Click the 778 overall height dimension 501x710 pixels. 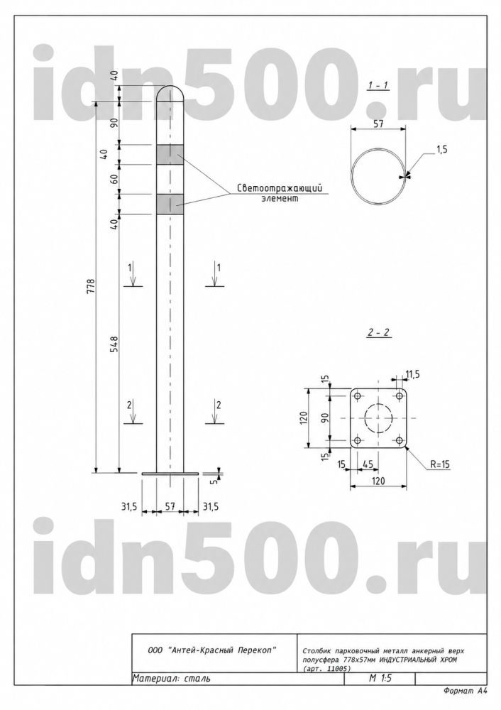click(91, 287)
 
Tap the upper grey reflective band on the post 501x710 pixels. click(170, 154)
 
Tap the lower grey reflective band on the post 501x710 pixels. click(170, 204)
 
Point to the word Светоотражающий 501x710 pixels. click(280, 188)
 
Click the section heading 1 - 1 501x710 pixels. click(378, 85)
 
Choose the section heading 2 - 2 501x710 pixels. click(378, 333)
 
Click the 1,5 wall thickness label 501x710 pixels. click(441, 149)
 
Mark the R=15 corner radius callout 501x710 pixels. click(439, 464)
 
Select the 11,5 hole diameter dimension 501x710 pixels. click(412, 374)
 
